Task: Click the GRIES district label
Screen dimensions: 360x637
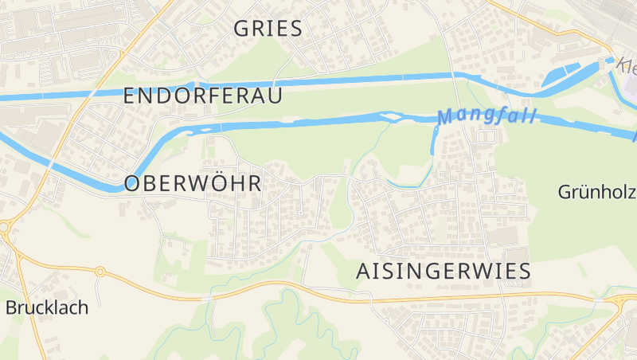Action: pos(268,29)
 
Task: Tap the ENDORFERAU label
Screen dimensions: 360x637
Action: pos(203,96)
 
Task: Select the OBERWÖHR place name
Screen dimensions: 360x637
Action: pos(193,184)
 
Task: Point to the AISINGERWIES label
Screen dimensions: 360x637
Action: pos(441,272)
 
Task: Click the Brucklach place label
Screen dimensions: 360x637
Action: pos(47,307)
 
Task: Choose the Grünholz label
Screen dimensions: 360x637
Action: pos(596,192)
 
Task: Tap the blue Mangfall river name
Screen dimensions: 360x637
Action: pos(487,116)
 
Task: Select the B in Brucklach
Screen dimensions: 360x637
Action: pos(11,307)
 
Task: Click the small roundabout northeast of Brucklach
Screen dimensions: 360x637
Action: pos(100,272)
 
